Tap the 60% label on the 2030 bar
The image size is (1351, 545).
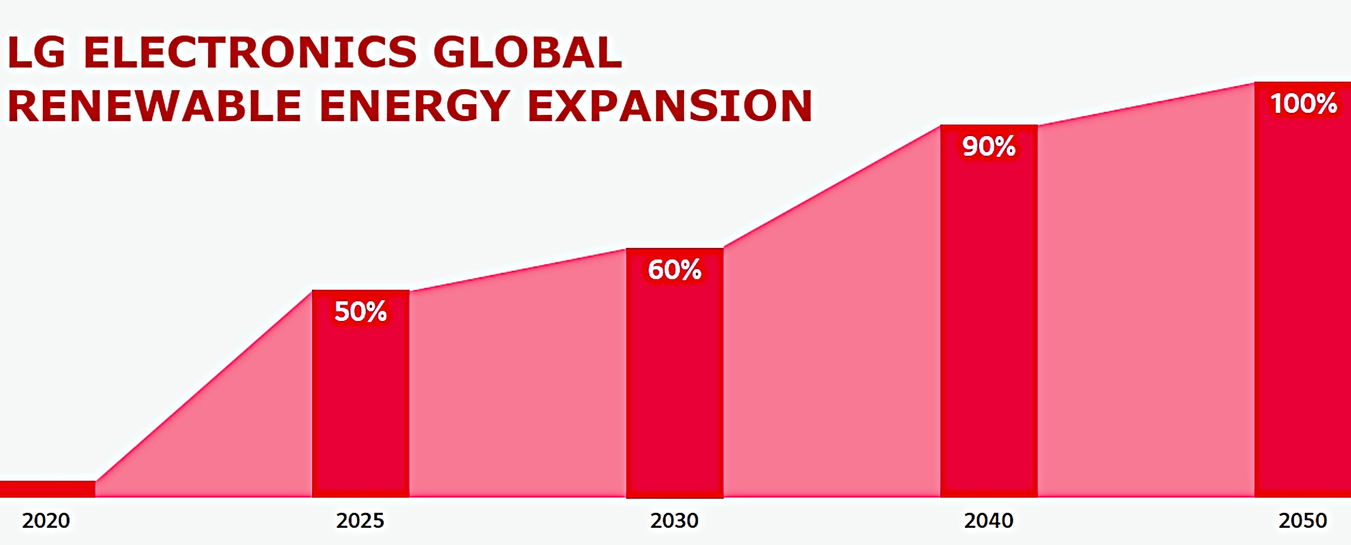coord(674,270)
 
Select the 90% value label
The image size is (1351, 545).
coord(989,146)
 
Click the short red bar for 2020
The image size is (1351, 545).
coord(47,488)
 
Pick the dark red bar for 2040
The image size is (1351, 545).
coord(989,325)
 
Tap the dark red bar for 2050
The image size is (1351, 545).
coord(1303,304)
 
